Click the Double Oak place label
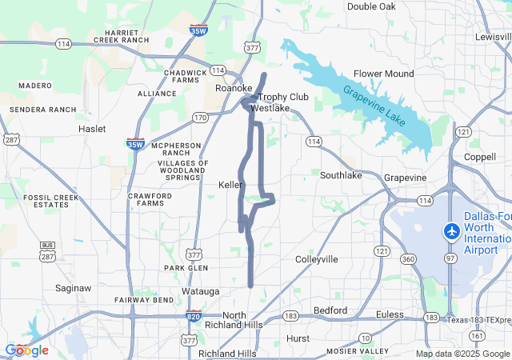(x=371, y=6)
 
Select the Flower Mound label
(x=384, y=74)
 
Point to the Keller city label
(x=230, y=185)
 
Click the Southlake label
(x=340, y=175)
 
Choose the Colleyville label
(x=317, y=259)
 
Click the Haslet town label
(x=92, y=129)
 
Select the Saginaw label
(x=74, y=287)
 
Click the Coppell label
(x=479, y=157)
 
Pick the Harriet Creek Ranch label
(x=122, y=35)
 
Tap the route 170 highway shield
(x=200, y=118)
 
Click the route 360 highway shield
(x=409, y=259)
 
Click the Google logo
(x=26, y=350)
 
